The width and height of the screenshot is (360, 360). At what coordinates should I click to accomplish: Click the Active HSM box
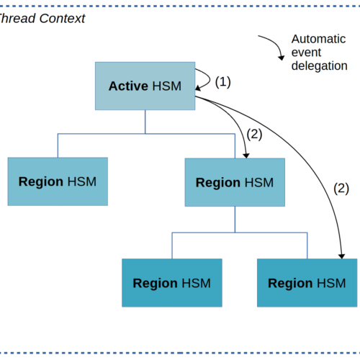pyautogui.click(x=145, y=86)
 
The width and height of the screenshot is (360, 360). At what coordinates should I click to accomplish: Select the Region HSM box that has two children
pyautogui.click(x=235, y=182)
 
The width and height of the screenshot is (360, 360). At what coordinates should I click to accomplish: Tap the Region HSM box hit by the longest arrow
pyautogui.click(x=307, y=283)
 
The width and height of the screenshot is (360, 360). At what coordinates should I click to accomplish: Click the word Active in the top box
pyautogui.click(x=128, y=86)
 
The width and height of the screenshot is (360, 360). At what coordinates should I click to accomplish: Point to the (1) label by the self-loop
pyautogui.click(x=222, y=82)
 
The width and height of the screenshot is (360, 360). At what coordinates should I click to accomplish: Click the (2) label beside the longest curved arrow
pyautogui.click(x=341, y=189)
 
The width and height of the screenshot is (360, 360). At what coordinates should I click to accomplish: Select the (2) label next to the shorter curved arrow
pyautogui.click(x=254, y=134)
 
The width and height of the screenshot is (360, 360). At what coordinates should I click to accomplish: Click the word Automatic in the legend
pyautogui.click(x=318, y=39)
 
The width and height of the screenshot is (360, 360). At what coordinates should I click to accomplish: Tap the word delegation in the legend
pyautogui.click(x=319, y=66)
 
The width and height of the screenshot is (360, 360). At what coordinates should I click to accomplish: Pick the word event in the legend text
pyautogui.click(x=306, y=53)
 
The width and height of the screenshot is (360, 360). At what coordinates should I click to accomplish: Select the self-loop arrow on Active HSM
pyautogui.click(x=210, y=78)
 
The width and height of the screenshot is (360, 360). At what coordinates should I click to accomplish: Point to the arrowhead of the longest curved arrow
pyautogui.click(x=341, y=256)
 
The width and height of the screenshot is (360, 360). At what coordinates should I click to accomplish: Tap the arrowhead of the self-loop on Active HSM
pyautogui.click(x=198, y=88)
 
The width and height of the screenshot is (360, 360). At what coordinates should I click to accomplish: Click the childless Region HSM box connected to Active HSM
pyautogui.click(x=58, y=181)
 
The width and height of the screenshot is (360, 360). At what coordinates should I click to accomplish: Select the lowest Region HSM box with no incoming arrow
pyautogui.click(x=172, y=283)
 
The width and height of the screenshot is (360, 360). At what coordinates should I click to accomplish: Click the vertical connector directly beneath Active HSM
pyautogui.click(x=145, y=122)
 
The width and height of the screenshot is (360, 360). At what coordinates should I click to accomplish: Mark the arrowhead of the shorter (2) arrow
pyautogui.click(x=246, y=156)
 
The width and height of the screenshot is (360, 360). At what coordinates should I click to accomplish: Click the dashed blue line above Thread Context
pyautogui.click(x=180, y=6)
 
